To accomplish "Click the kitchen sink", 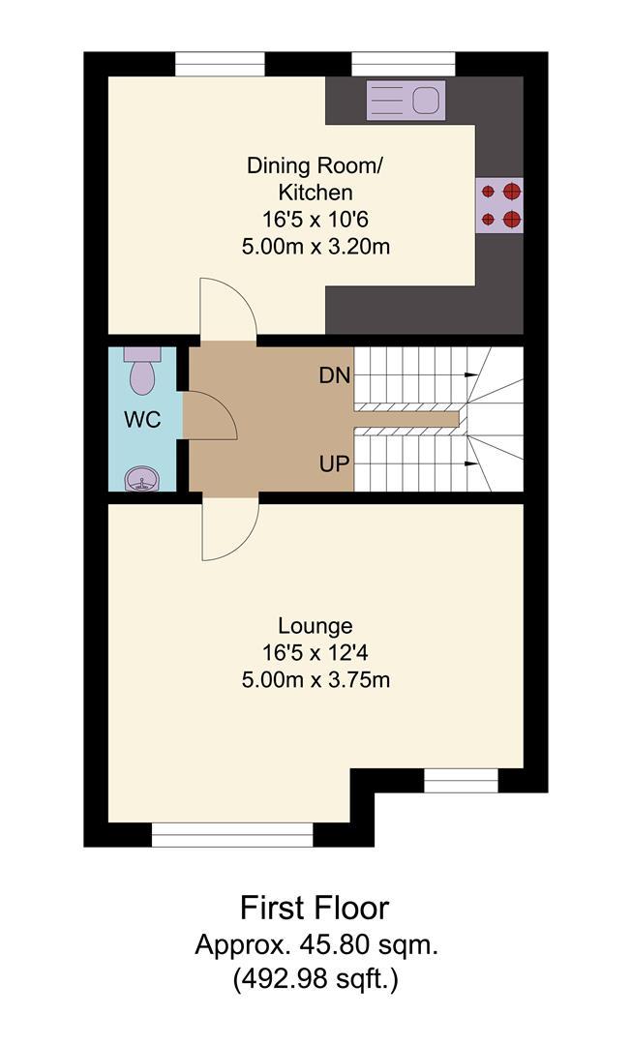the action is [406, 100].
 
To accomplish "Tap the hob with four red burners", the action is [499, 205].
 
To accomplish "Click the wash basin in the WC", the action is [141, 478].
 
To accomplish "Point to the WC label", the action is [142, 421].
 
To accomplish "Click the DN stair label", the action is [335, 375].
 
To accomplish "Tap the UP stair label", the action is [335, 463].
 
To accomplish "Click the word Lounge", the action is [315, 626].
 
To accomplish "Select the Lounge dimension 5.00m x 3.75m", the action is [315, 680].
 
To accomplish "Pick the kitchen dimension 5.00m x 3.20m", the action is [315, 247].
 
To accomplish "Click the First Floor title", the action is [315, 908].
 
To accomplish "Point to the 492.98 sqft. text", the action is [315, 979].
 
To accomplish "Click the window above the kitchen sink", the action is [404, 65].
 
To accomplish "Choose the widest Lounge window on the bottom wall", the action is [232, 834].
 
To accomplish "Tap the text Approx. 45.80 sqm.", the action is [315, 944].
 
